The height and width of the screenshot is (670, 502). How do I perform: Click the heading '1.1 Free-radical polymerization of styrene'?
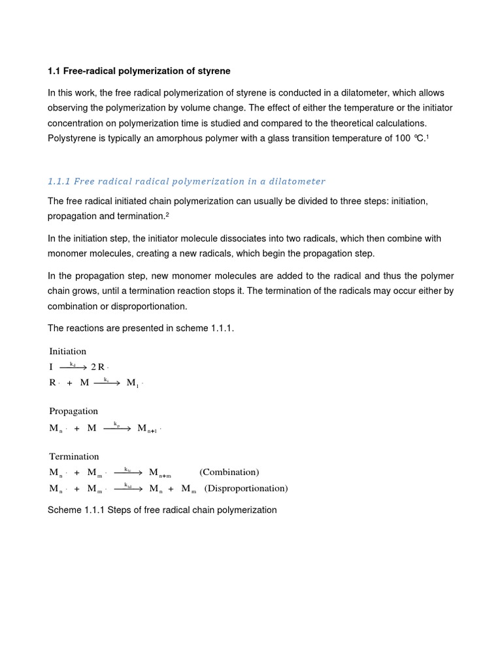139,71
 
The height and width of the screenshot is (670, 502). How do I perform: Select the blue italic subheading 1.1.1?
186,181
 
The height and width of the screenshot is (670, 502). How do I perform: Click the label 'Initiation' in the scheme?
68,351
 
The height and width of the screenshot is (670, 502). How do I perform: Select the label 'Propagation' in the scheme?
74,411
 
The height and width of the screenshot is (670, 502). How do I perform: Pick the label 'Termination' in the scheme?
75,456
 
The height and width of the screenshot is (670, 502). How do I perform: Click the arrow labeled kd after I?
73,367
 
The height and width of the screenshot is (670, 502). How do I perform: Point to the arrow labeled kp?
117,429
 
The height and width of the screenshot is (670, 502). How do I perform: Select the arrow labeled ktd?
128,488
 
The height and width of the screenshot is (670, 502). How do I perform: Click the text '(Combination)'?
229,472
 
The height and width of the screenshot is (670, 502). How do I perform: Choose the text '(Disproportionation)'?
246,488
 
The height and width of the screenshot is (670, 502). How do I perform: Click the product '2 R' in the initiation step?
99,367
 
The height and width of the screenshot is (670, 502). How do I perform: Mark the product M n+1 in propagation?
148,429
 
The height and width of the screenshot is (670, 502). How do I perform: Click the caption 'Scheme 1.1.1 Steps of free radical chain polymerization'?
162,510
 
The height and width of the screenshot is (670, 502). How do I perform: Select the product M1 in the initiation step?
133,383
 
